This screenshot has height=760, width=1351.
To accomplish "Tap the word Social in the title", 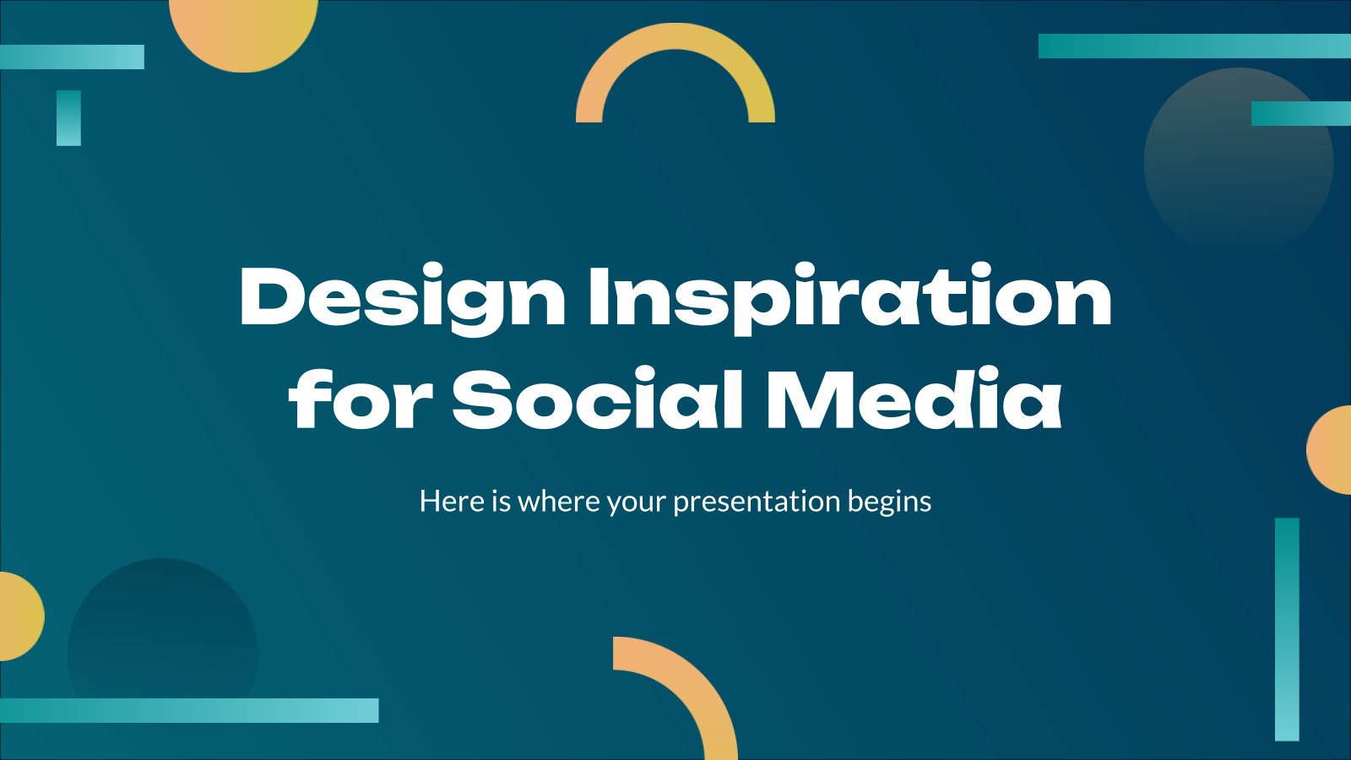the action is coord(596,397).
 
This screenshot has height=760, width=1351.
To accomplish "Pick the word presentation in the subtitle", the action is coord(757,502).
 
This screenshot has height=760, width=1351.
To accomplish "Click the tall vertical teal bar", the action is coord(1287,629).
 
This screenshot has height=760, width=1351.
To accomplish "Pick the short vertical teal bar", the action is coord(68,117).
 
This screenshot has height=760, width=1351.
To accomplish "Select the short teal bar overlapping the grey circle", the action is coord(1301,113).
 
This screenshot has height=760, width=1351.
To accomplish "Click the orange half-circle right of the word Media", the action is coord(1330,450).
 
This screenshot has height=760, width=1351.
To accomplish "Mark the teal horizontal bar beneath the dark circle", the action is coord(189,710).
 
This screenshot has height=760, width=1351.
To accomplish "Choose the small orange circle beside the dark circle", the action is coord(21,616).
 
